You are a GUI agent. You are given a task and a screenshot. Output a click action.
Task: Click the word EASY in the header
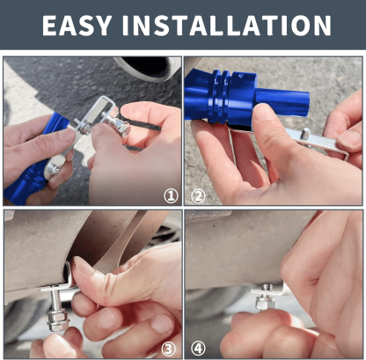click(77, 26)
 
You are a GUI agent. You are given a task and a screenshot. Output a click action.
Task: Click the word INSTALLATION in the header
click(227, 26)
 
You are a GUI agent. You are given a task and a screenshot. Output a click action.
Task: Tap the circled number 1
click(171, 196)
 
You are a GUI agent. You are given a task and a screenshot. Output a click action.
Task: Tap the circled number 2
click(198, 196)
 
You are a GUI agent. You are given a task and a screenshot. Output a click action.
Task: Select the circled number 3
click(168, 349)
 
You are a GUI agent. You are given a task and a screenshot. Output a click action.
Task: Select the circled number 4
click(198, 349)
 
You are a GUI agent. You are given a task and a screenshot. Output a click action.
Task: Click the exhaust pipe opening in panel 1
click(147, 67)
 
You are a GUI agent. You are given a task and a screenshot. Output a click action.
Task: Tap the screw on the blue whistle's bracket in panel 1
click(54, 169)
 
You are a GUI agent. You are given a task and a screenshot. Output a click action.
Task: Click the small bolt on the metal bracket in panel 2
click(305, 134)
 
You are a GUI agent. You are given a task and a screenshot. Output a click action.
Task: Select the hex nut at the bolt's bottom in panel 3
click(57, 320)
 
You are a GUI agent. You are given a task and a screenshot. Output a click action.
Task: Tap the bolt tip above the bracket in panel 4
click(267, 288)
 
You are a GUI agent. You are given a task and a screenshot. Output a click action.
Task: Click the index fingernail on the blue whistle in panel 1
click(66, 136)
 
